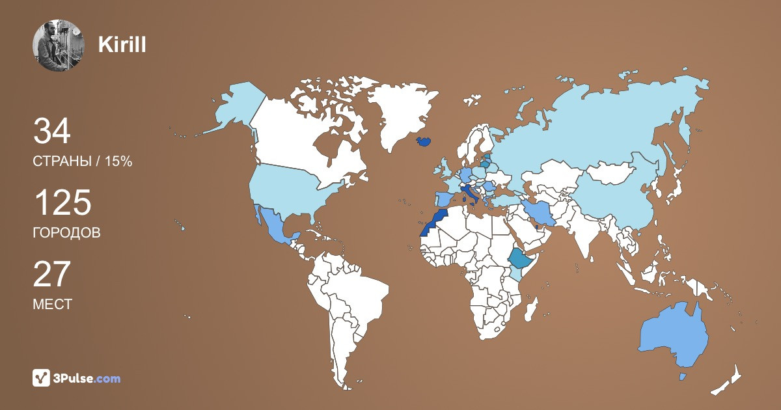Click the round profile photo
(x=59, y=46)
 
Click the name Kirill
(x=122, y=45)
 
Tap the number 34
(x=51, y=131)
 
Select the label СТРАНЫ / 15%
(x=83, y=161)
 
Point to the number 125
(x=62, y=204)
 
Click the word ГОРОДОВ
(x=66, y=233)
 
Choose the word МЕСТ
(x=53, y=304)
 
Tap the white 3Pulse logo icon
(x=42, y=378)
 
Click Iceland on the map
(x=423, y=141)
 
